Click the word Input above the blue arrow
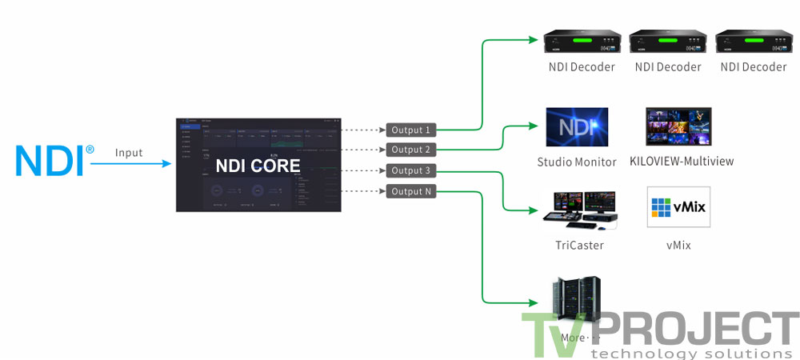click(129, 152)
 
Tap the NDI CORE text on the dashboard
click(258, 166)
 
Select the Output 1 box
click(410, 130)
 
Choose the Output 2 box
click(410, 150)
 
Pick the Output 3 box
click(410, 170)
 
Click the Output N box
click(410, 191)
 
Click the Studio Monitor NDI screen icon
click(577, 127)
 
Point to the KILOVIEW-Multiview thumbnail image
click(678, 126)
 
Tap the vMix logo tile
click(678, 208)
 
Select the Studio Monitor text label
click(577, 162)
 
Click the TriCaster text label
click(579, 246)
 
